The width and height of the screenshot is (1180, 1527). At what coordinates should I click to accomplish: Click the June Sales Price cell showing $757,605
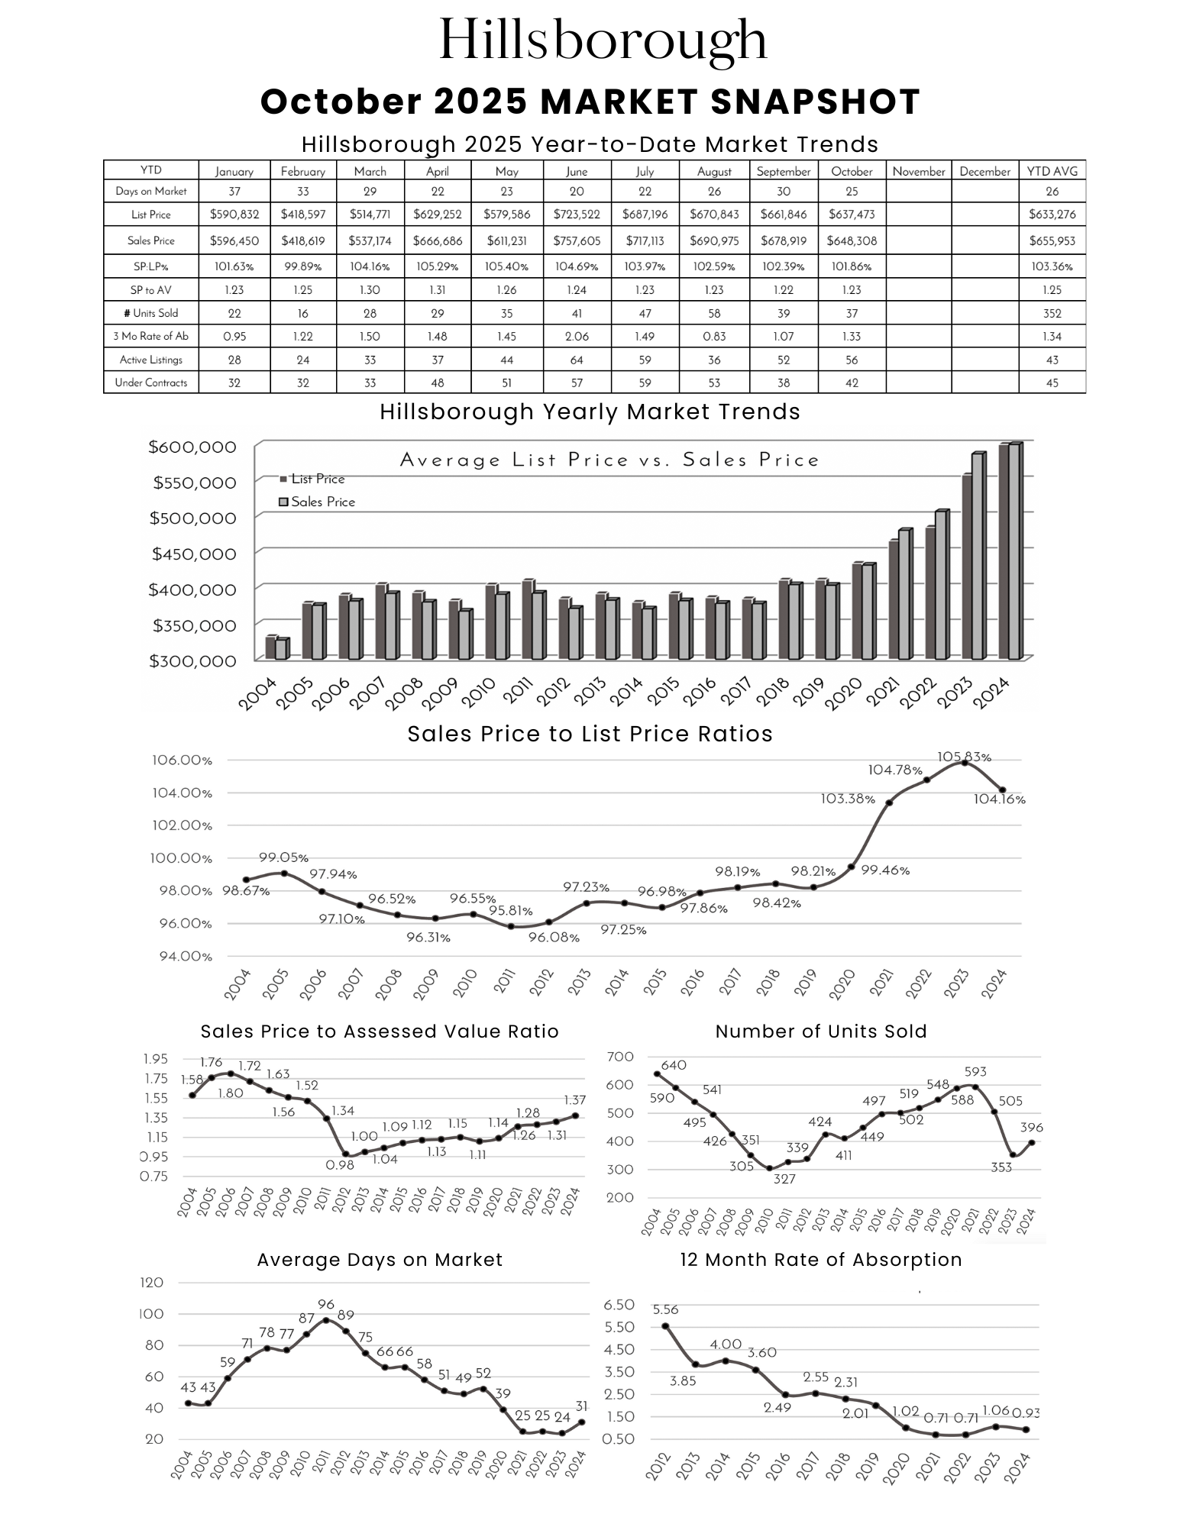tap(577, 241)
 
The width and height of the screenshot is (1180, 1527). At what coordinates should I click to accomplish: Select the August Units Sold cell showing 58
tap(714, 313)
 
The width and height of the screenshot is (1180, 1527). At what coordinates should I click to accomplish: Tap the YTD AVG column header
tap(1052, 171)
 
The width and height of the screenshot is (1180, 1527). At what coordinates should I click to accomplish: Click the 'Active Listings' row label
tap(151, 360)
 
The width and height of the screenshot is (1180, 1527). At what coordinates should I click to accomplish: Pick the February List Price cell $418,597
tap(303, 215)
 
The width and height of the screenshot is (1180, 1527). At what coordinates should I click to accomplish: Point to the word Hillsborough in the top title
tap(603, 40)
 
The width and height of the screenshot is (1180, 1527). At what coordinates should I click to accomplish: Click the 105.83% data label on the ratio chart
tap(964, 757)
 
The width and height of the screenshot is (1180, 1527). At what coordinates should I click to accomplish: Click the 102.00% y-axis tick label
tap(181, 825)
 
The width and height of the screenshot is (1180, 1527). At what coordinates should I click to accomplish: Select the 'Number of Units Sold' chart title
tap(820, 1031)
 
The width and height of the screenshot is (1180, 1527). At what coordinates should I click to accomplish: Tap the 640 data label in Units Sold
tap(674, 1065)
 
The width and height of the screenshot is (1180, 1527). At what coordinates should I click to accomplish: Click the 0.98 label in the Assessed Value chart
tap(340, 1165)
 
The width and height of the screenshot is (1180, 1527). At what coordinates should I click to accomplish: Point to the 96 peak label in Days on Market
tap(326, 1305)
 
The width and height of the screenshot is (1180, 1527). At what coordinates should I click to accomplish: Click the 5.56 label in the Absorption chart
tap(665, 1309)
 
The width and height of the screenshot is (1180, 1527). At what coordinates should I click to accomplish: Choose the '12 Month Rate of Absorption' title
tap(820, 1260)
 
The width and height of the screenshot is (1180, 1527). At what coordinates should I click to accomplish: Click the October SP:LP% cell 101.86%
tap(851, 266)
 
